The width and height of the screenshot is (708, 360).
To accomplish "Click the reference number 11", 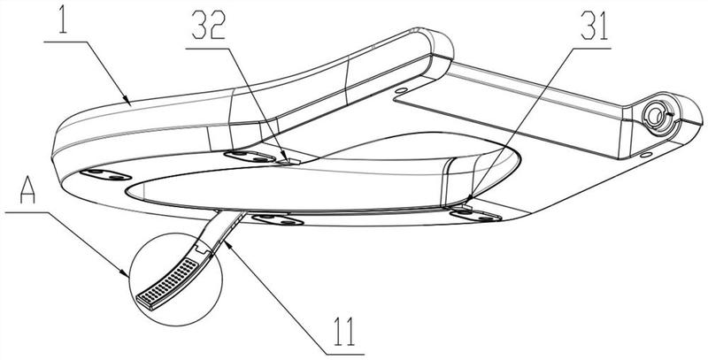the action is [344, 332].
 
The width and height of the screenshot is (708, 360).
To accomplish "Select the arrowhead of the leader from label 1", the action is [127, 101].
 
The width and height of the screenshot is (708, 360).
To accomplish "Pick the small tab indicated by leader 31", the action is [466, 206].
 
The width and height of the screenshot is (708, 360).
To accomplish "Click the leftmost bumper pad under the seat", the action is [105, 174].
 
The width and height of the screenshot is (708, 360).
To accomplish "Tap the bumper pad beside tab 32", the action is [250, 157].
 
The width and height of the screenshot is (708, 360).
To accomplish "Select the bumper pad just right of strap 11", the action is [277, 219].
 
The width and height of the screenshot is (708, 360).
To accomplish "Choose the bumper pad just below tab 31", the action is [476, 216].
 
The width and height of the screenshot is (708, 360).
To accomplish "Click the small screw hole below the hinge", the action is [646, 155].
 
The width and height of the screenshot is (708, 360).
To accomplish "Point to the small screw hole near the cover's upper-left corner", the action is [400, 90].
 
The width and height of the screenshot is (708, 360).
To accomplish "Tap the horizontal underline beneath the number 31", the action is [590, 48].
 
